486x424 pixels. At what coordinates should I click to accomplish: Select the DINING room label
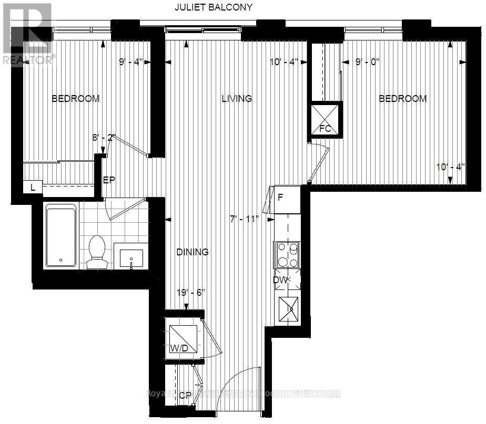(193, 252)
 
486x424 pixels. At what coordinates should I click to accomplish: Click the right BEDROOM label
(403, 99)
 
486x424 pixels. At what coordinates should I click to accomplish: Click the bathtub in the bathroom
(62, 236)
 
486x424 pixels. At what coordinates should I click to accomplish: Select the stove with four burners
(287, 255)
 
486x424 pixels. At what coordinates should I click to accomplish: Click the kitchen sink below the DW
(288, 308)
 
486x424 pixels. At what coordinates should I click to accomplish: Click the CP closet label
(185, 396)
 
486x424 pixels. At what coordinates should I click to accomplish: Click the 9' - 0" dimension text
(368, 62)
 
